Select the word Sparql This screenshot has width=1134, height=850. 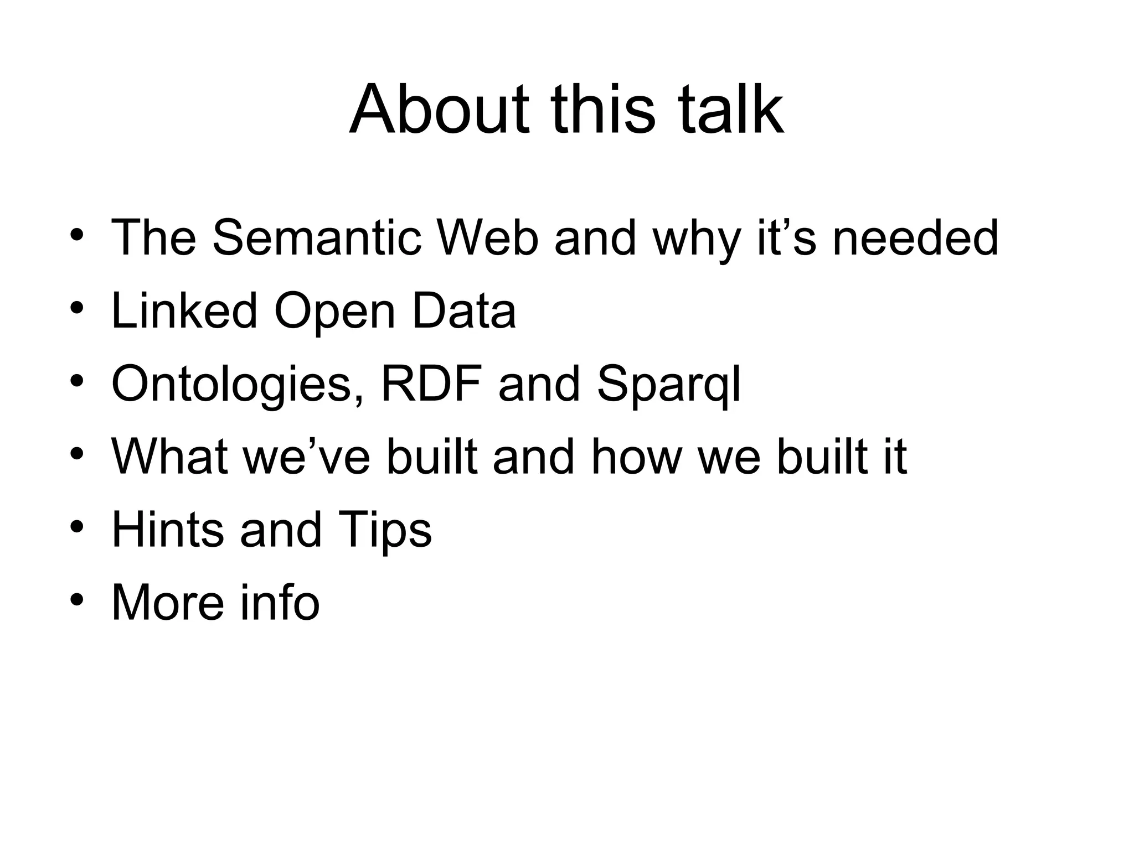(x=668, y=385)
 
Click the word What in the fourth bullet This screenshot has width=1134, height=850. (x=169, y=457)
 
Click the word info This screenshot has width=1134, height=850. (x=280, y=603)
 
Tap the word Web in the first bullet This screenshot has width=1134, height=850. (x=487, y=238)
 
